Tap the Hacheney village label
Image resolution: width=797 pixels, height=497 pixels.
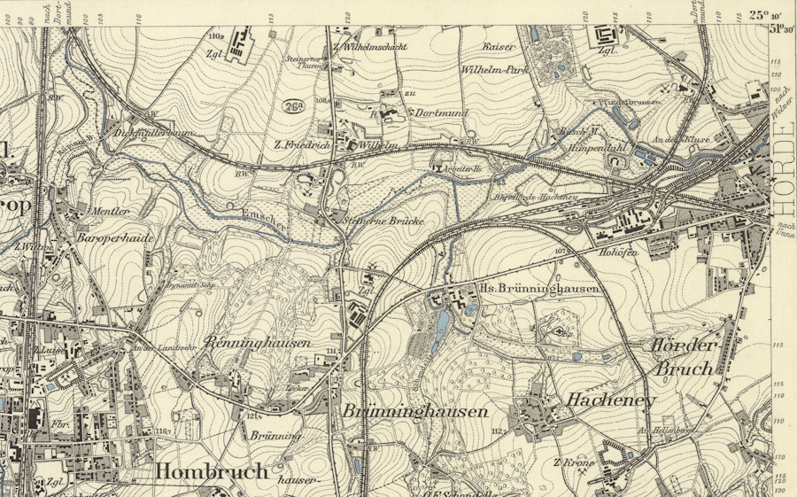tap(611, 400)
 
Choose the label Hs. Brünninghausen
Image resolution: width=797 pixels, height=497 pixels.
tap(539, 289)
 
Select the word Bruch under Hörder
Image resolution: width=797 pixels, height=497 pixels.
tap(683, 368)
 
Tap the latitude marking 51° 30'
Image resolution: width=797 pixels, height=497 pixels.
tap(780, 28)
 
